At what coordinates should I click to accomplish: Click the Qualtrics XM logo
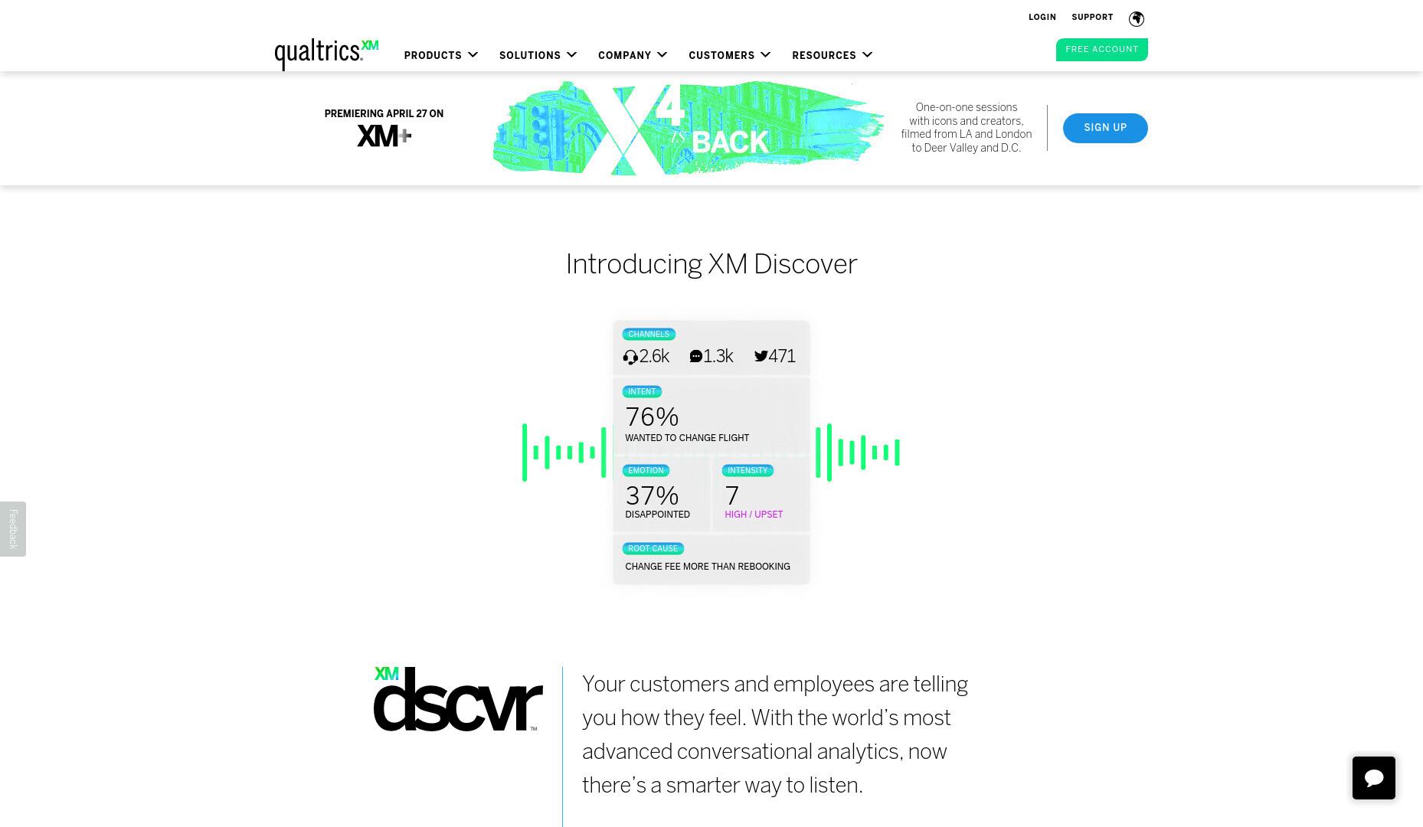click(326, 54)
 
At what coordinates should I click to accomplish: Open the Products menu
click(441, 55)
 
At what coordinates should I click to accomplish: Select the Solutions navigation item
click(538, 55)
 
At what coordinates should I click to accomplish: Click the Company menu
click(633, 55)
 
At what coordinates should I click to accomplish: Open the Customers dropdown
click(729, 55)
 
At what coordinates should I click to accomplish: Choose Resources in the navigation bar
click(833, 55)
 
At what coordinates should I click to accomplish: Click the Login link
click(1042, 17)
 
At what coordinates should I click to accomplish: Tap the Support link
click(1092, 17)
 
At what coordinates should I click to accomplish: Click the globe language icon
click(1137, 18)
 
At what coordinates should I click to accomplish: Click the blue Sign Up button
click(1105, 128)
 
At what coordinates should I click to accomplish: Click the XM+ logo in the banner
click(384, 136)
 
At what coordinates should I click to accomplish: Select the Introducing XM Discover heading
click(711, 264)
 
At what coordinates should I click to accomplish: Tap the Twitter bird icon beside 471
click(761, 356)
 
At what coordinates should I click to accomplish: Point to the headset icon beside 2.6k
click(630, 358)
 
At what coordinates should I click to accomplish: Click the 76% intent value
click(652, 417)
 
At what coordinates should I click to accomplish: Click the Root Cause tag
click(653, 548)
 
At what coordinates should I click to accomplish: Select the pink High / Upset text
click(754, 515)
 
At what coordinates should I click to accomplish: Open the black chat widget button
click(1374, 778)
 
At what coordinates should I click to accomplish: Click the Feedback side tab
click(13, 529)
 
